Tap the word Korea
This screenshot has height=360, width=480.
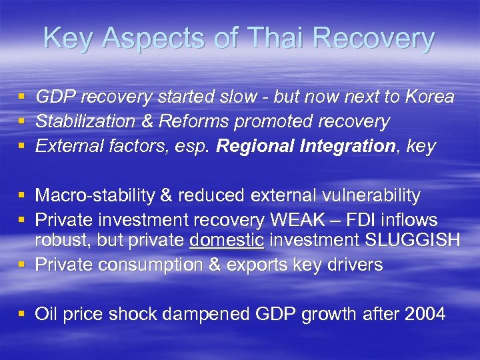tap(426, 97)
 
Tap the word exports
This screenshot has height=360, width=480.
tap(263, 265)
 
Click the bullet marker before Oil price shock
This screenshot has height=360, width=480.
tap(23, 313)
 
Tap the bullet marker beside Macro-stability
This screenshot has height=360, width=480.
tap(23, 195)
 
